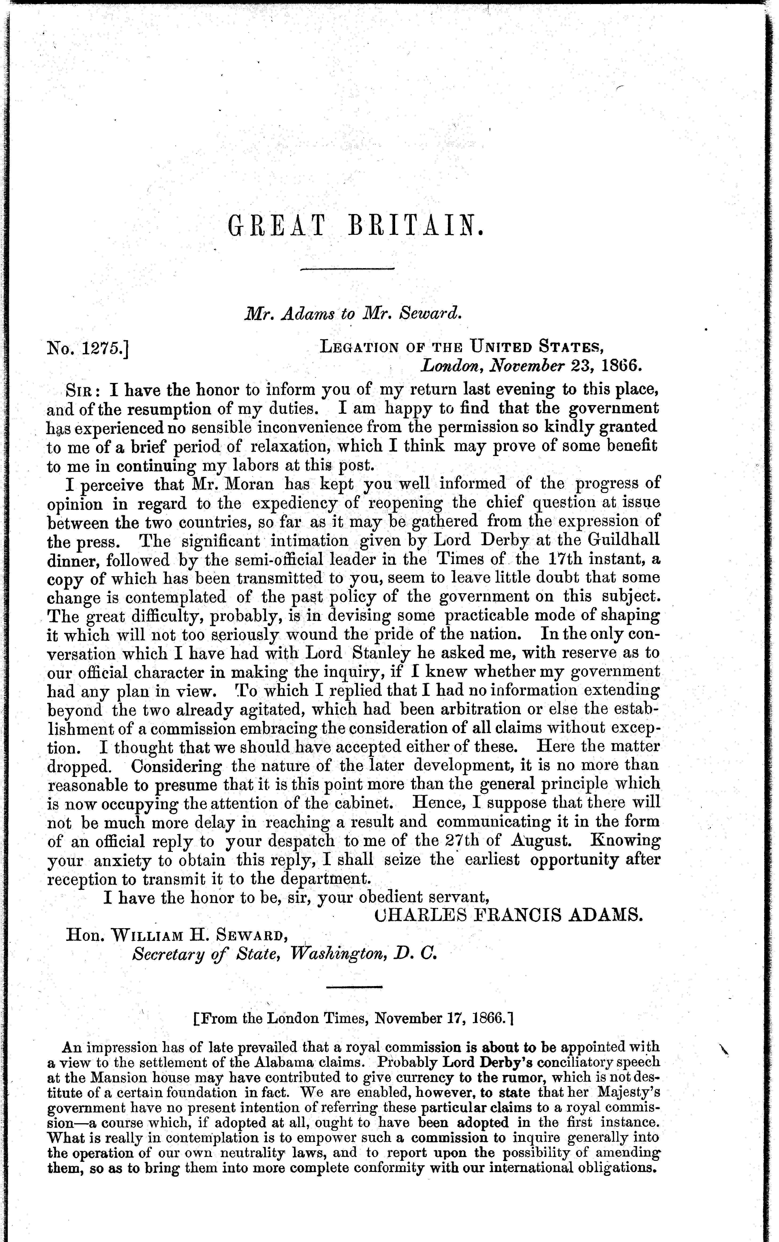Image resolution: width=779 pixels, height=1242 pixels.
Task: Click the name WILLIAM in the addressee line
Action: point(154,935)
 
